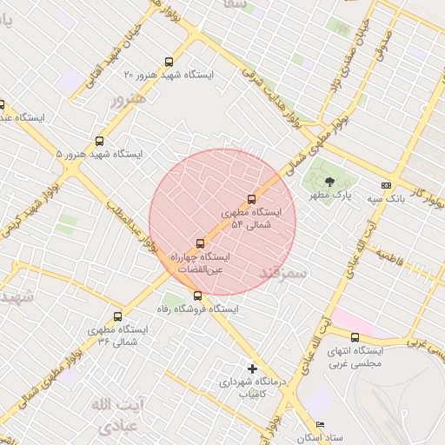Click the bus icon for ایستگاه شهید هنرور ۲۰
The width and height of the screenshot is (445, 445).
tap(169, 62)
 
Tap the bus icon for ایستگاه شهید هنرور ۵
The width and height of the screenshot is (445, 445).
tap(99, 141)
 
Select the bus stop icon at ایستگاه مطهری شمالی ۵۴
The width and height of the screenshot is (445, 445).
tap(252, 199)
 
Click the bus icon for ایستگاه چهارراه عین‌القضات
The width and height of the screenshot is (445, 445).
tap(201, 243)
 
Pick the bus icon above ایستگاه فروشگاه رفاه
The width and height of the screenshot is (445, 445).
tap(197, 296)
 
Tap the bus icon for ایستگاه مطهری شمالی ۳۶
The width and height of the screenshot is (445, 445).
tap(117, 316)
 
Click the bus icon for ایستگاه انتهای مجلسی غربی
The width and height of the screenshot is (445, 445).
tap(355, 337)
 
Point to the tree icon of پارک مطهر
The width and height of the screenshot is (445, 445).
tap(329, 183)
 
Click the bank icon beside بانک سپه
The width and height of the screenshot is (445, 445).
tap(386, 185)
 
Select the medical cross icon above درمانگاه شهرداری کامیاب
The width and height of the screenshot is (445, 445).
tap(253, 369)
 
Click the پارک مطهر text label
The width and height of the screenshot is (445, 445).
tap(331, 196)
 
